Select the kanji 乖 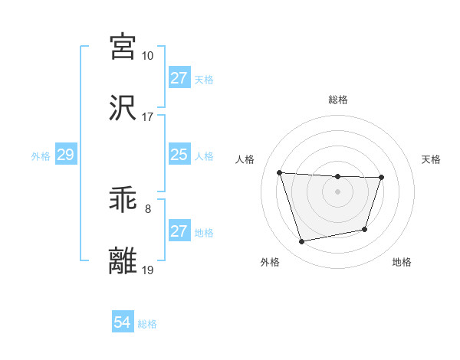click(x=123, y=201)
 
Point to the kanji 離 click(x=123, y=261)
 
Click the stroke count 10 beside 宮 click(x=147, y=56)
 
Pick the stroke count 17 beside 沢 click(x=147, y=117)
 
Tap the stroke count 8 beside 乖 click(x=147, y=208)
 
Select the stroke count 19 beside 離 click(x=147, y=270)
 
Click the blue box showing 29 click(x=65, y=155)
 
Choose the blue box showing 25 click(x=179, y=155)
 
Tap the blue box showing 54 click(x=123, y=322)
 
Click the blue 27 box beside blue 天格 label click(x=179, y=78)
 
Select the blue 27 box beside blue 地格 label click(x=179, y=231)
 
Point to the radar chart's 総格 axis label click(x=337, y=100)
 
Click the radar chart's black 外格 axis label click(x=270, y=263)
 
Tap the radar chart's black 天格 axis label click(x=432, y=159)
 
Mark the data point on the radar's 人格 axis click(x=279, y=172)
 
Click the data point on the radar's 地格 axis click(x=366, y=229)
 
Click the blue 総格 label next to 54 click(x=147, y=324)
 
